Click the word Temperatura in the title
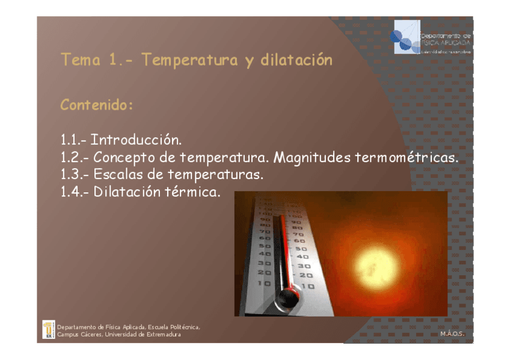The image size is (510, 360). coord(190,61)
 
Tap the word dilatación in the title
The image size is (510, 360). coord(296,61)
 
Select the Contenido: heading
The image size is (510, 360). coord(96,105)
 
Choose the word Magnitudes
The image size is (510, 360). coord(312,158)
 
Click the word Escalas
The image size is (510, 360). coord(121,175)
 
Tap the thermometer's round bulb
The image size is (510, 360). coord(289,296)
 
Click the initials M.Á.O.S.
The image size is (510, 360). coord(453,333)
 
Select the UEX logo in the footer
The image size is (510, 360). coord(48,329)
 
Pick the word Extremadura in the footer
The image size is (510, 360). coord(164,334)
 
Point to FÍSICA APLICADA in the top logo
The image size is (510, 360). coord(446,43)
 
